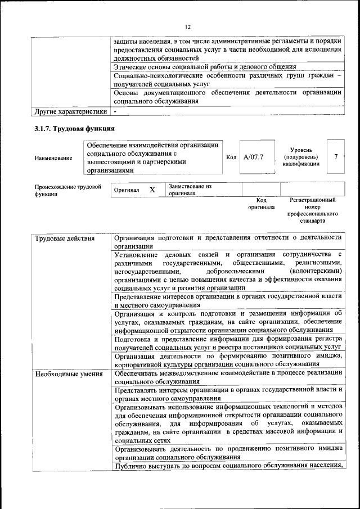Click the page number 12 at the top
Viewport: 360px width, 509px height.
point(188,26)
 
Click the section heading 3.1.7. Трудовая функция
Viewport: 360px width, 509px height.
point(74,129)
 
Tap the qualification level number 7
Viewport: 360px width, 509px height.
point(336,157)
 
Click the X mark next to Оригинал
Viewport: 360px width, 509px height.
point(152,190)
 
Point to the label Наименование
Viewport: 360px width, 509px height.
point(53,158)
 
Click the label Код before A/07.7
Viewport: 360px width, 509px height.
point(231,157)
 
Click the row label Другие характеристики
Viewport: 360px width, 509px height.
point(70,111)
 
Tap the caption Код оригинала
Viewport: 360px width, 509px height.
point(261,204)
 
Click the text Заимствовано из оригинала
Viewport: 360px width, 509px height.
point(190,190)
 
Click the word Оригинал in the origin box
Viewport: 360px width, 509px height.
point(127,191)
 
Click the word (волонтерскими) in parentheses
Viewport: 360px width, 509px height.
point(314,271)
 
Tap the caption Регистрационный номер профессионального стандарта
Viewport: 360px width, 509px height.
point(312,210)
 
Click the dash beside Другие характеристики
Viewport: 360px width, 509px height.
point(115,111)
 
